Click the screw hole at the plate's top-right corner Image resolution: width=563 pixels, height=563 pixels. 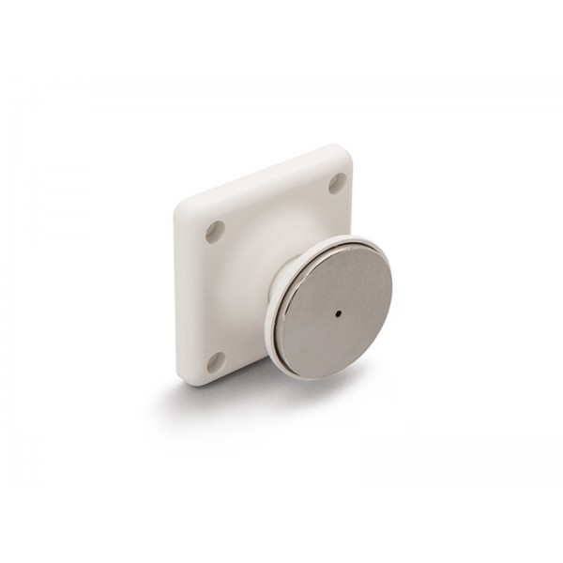[336, 183]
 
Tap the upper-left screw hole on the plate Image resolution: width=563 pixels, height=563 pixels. [216, 230]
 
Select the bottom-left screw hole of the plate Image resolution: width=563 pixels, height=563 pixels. [215, 359]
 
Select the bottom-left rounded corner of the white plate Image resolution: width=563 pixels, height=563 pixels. [184, 377]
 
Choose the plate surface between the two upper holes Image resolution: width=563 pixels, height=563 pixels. [277, 205]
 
